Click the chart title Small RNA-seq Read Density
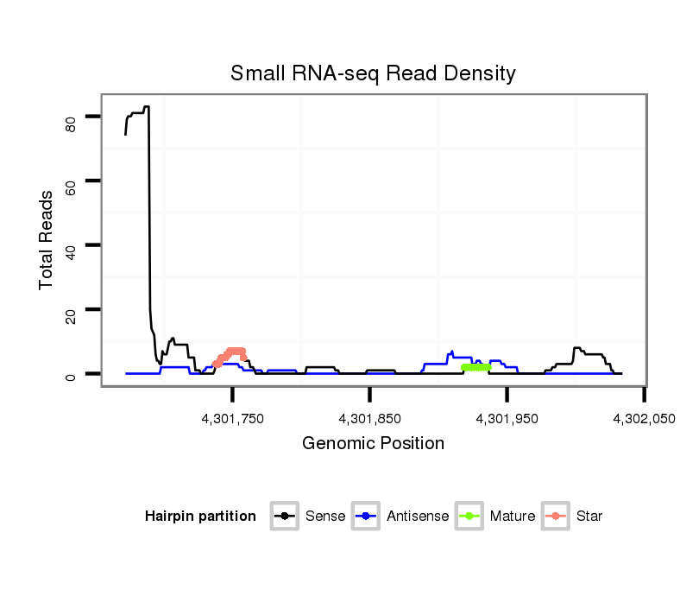373,73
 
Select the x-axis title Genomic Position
373,444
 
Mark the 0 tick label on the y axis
72,374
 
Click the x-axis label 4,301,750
233,419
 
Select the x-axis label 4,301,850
370,419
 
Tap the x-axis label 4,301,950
507,419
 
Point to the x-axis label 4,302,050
644,419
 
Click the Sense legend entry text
325,517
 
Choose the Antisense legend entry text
418,517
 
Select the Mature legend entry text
512,517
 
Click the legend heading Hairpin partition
200,517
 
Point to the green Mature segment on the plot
476,367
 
